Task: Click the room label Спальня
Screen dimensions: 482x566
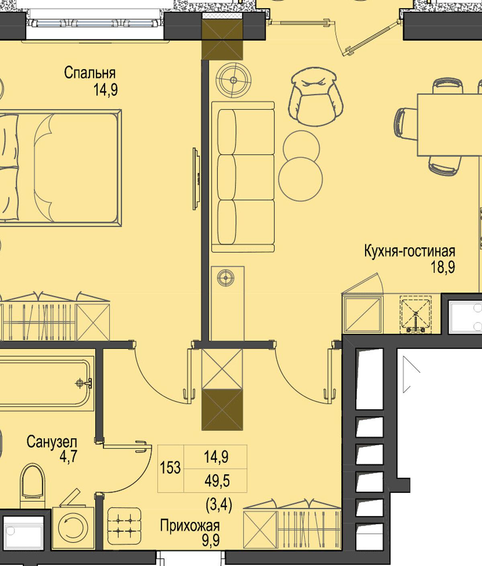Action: (90, 74)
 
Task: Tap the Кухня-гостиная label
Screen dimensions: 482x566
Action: (410, 251)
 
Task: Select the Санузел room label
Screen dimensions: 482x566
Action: (52, 442)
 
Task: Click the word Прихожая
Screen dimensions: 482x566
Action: (190, 525)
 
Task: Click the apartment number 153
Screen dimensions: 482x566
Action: (170, 468)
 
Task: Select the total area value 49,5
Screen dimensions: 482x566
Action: (217, 480)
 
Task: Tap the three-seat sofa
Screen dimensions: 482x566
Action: (243, 177)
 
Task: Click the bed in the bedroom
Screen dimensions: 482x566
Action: (61, 168)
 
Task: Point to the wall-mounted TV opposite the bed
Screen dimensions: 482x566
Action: (196, 179)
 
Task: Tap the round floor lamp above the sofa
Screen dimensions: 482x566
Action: (233, 80)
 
